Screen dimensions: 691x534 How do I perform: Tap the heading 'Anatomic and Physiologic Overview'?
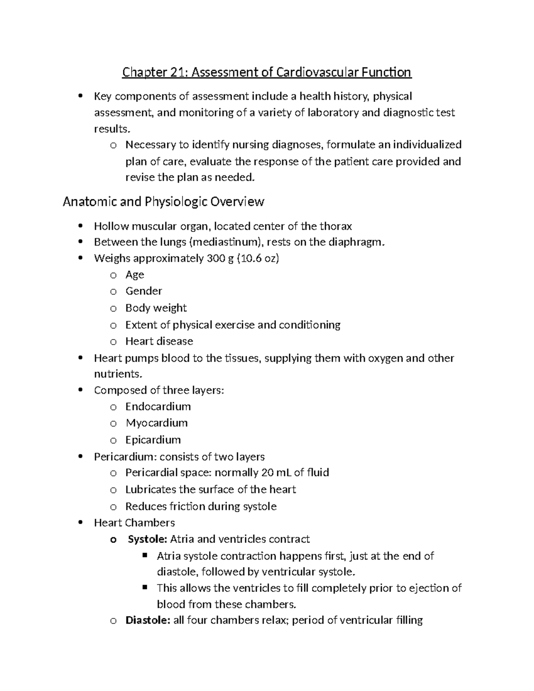point(163,202)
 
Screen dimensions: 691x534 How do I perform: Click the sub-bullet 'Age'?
point(134,275)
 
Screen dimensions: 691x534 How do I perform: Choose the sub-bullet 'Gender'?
point(143,291)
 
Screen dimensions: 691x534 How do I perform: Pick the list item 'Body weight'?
point(156,308)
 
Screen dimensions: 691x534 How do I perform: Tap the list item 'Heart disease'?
point(159,341)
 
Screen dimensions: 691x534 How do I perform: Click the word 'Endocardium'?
point(158,407)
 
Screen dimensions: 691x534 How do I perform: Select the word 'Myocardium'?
point(156,423)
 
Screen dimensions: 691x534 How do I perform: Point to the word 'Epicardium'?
point(153,440)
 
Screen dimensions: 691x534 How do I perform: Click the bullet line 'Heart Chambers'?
point(134,523)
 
